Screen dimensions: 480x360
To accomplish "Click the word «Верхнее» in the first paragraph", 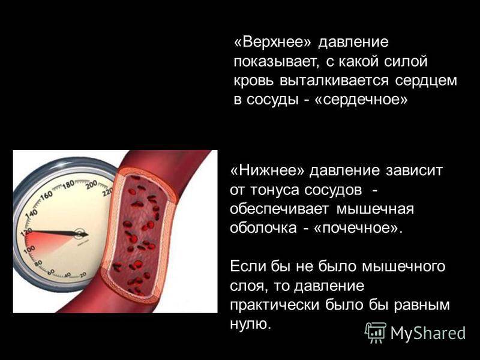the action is coord(272,42).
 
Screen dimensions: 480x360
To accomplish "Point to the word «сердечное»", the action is coord(361,100).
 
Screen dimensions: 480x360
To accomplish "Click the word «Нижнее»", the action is coord(267,170).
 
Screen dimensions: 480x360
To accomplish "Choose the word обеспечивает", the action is coord(279,209).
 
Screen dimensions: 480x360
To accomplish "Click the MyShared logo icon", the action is coord(376,333).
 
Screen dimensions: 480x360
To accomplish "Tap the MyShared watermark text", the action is coord(428,333).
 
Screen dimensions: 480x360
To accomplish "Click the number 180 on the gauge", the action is coord(68,185).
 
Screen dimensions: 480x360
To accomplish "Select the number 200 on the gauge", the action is coord(91,185).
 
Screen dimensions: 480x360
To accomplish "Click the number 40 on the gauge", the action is coord(67,274).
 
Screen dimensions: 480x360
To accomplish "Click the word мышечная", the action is coord(375,209).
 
